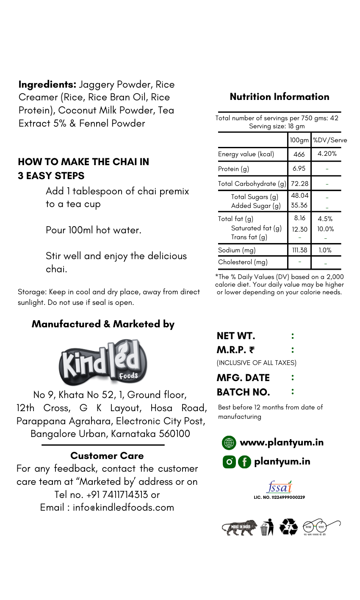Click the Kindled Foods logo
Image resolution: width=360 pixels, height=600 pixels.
[x=103, y=362]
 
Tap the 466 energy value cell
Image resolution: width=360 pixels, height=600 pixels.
[x=299, y=154]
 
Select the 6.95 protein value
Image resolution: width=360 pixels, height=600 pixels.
[x=299, y=169]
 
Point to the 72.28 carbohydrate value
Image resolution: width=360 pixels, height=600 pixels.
[x=299, y=183]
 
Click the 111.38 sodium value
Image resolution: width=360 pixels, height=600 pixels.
[x=299, y=250]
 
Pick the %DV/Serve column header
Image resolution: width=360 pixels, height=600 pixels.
[x=330, y=140]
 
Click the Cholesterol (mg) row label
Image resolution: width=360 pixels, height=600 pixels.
[x=243, y=262]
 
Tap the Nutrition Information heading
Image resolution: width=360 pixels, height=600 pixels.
[x=280, y=97]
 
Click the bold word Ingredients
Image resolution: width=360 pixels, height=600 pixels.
[x=47, y=84]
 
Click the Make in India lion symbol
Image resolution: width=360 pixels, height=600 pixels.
[x=239, y=528]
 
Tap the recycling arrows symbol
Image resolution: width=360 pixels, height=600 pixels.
[x=288, y=527]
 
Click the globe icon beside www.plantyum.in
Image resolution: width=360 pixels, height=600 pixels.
[x=229, y=443]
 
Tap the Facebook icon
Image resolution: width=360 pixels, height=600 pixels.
[x=244, y=462]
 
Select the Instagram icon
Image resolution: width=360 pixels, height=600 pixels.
[x=229, y=462]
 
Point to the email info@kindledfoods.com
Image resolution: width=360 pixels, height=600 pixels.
[x=123, y=507]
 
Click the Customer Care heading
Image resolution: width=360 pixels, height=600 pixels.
[x=107, y=456]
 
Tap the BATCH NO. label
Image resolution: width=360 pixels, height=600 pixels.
[x=243, y=392]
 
